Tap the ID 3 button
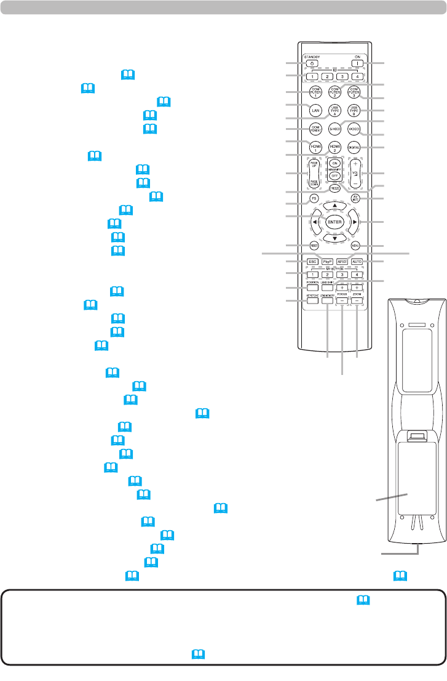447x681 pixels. tap(342, 77)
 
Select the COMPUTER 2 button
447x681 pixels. tap(334, 93)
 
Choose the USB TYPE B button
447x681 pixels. tap(354, 111)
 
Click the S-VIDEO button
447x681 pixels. tap(334, 129)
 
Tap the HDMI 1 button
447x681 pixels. tap(315, 147)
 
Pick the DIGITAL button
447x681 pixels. tap(354, 147)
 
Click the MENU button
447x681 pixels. tap(355, 246)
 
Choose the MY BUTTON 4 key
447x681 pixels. tap(355, 274)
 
